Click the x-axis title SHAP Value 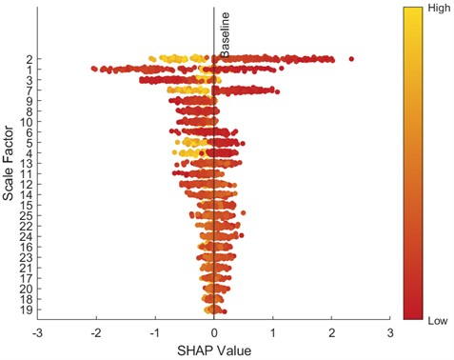coord(214,350)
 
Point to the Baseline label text coord(226,35)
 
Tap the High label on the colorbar coord(439,8)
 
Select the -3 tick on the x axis coord(37,333)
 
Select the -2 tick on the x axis coord(95,333)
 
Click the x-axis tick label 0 coord(214,333)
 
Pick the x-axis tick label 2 coord(332,333)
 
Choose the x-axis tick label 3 coord(390,333)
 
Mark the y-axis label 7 coord(30,90)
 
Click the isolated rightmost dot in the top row coord(351,59)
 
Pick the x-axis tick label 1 coord(273,333)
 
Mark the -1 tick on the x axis coord(154,333)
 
